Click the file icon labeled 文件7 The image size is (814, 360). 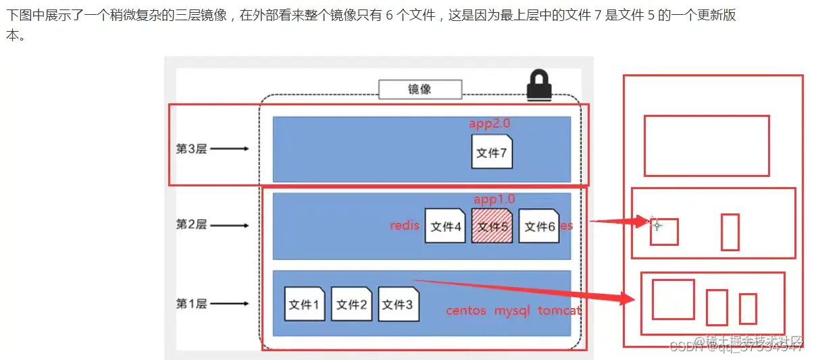point(492,152)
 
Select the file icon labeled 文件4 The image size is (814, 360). point(445,226)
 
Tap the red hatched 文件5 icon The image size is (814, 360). point(492,226)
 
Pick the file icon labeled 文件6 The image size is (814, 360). point(539,226)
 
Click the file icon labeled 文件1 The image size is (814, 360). point(305,304)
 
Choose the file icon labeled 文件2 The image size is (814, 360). point(351,304)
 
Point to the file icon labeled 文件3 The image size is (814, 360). point(398,304)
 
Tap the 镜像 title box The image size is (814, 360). point(419,89)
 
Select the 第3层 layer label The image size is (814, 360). point(191,149)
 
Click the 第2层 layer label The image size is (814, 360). point(191,225)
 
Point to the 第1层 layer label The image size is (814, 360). point(191,304)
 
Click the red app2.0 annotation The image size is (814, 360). point(490,124)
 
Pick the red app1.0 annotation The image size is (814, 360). point(494,199)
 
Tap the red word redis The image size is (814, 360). point(405,226)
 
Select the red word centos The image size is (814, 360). point(466,311)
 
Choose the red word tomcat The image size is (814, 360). point(559,311)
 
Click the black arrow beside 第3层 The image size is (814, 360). point(230,149)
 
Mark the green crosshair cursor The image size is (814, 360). point(656,225)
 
